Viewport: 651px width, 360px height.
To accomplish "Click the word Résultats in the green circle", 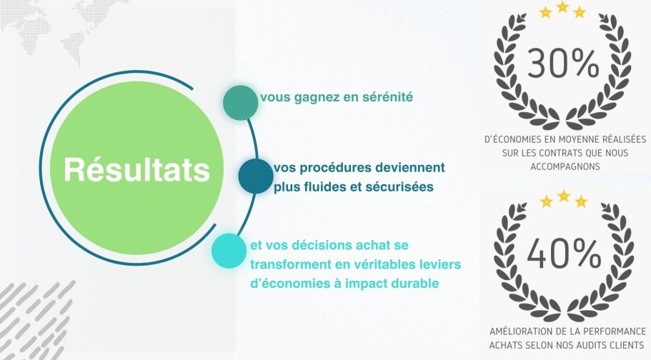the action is pos(137,169).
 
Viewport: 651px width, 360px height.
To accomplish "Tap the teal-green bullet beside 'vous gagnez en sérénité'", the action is pos(240,103).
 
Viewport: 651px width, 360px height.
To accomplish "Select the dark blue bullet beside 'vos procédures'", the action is pos(256,176).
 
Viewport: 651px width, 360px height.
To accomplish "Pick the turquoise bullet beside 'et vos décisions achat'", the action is pos(229,251).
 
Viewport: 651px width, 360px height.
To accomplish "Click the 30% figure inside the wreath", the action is pos(563,64).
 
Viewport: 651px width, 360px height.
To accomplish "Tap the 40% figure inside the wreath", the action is pos(564,254).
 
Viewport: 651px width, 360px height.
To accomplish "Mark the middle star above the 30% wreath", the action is pos(562,6).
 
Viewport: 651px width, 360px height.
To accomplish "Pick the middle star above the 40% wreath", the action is pos(564,196).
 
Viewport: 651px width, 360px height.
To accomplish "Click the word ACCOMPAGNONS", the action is pos(565,166).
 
